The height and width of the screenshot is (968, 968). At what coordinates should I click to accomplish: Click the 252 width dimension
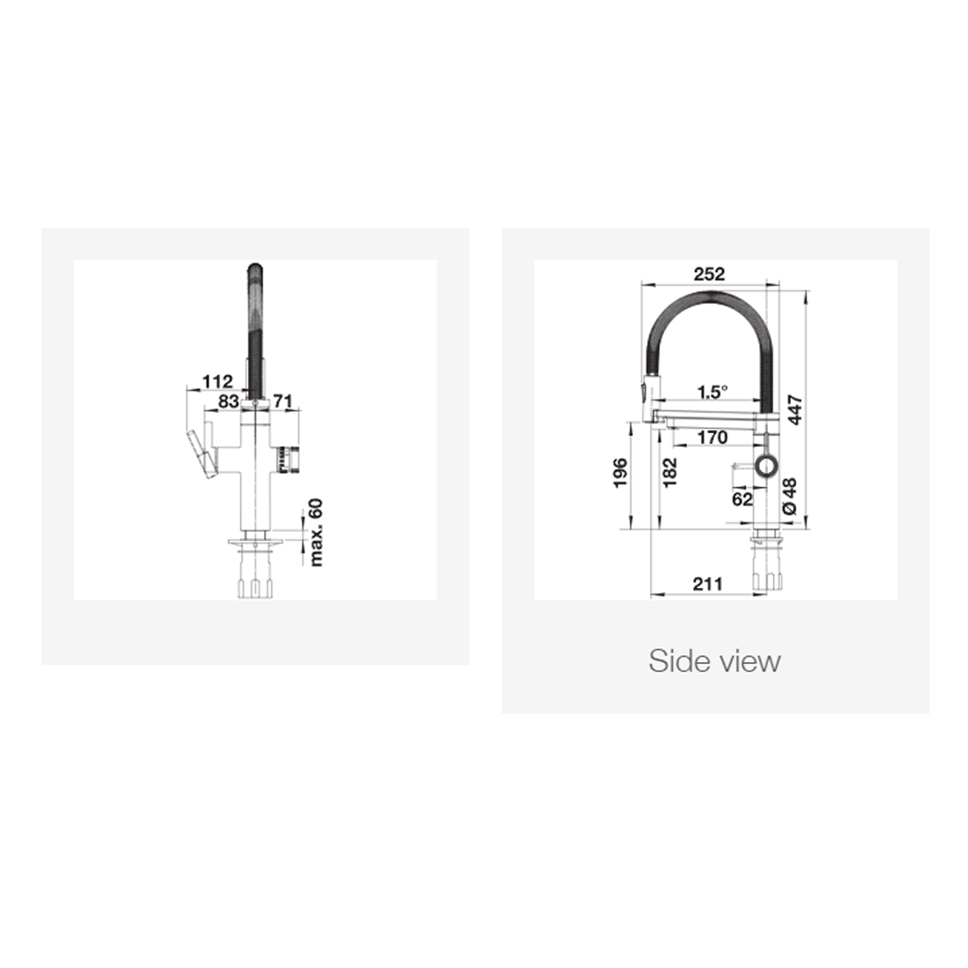click(709, 274)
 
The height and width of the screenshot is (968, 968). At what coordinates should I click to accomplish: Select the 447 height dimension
click(795, 411)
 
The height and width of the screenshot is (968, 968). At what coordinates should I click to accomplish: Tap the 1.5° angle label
click(712, 392)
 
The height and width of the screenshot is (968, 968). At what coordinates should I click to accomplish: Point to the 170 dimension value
click(712, 438)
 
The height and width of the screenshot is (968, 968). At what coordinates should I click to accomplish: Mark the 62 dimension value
click(743, 499)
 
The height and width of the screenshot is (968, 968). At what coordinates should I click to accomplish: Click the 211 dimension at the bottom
click(707, 584)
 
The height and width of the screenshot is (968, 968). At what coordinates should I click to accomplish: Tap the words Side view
click(715, 661)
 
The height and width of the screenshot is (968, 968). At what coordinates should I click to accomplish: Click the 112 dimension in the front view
click(217, 381)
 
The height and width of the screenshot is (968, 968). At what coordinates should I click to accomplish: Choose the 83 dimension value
click(228, 400)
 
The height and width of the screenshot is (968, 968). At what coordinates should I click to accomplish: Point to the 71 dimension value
click(282, 400)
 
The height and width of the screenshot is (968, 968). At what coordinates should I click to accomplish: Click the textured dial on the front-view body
click(282, 458)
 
